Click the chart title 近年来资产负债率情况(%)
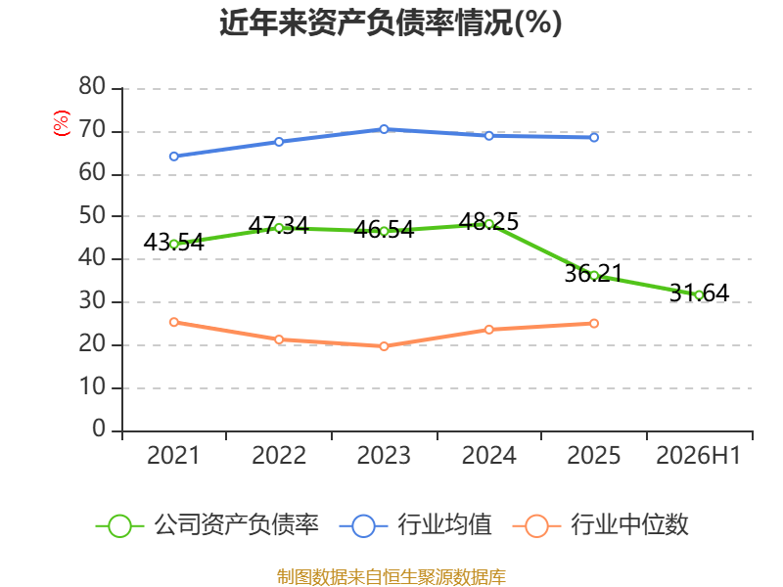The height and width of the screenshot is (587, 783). [391, 23]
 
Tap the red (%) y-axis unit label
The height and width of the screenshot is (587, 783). [61, 123]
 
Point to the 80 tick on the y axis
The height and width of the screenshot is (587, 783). [92, 86]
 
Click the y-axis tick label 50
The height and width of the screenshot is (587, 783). [92, 216]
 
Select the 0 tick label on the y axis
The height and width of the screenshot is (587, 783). [99, 429]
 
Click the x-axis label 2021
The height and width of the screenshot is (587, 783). [173, 455]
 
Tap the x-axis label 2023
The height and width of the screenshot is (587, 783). [384, 455]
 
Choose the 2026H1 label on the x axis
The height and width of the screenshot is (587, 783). [699, 455]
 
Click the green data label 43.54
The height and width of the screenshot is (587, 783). [174, 243]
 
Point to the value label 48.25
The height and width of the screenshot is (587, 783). [488, 222]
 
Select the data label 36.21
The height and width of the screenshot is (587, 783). [593, 274]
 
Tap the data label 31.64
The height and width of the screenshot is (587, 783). [699, 293]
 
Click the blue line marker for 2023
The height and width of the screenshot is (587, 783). [384, 129]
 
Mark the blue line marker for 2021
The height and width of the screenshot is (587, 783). [174, 157]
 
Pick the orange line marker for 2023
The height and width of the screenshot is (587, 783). [384, 346]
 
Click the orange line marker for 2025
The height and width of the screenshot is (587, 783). [594, 324]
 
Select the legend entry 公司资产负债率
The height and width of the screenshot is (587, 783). [207, 525]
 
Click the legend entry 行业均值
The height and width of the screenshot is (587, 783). [415, 525]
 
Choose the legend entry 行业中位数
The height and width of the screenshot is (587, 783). [600, 525]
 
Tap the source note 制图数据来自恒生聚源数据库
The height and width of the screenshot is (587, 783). [391, 577]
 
